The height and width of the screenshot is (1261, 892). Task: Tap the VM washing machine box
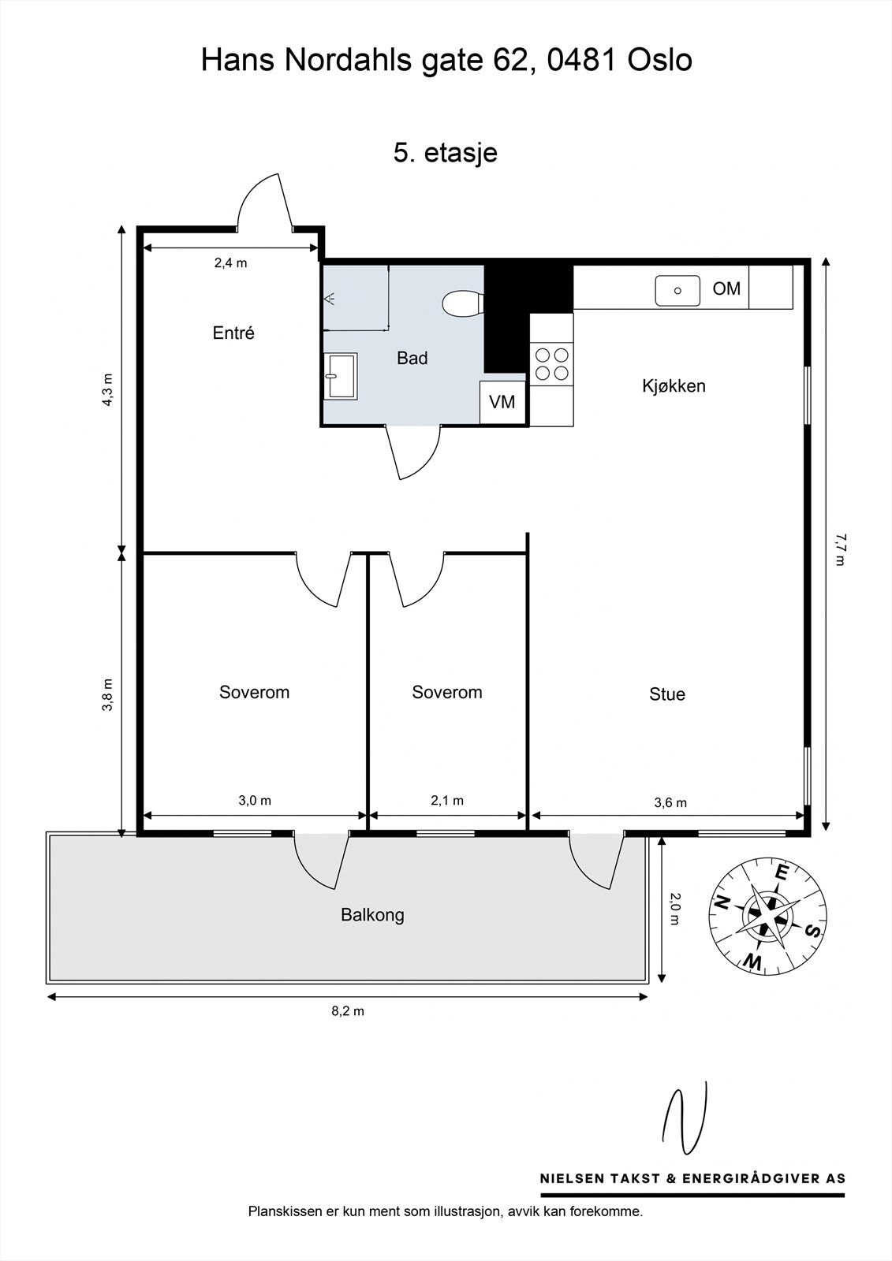502,402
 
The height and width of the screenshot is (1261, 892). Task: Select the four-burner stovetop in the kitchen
551,363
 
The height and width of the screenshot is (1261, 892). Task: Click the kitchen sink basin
677,291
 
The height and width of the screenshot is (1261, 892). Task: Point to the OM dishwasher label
726,288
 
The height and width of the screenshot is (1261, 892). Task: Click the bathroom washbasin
341,376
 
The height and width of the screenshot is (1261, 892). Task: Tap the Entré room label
233,333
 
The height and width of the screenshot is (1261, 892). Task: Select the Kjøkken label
674,385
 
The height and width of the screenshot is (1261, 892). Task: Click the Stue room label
667,694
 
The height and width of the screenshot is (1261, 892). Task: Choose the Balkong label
372,915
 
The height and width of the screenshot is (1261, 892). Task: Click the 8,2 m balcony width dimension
348,1011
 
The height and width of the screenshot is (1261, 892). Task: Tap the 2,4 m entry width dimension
230,263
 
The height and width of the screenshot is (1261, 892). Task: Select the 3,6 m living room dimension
670,803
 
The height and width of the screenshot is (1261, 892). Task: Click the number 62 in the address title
511,60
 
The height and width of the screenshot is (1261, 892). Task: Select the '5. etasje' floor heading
445,153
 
